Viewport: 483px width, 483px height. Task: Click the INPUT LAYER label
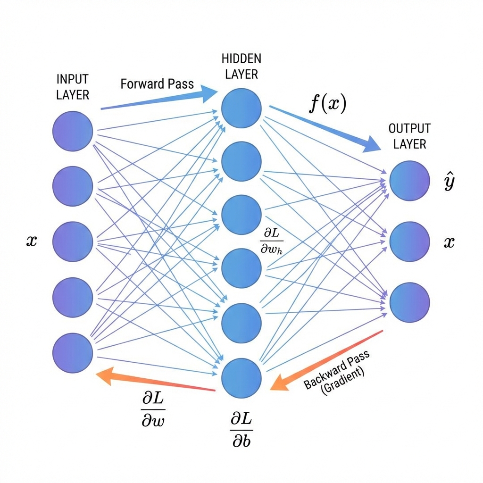73,87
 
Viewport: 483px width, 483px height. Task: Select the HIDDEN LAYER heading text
241,67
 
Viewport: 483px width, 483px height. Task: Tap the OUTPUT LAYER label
409,136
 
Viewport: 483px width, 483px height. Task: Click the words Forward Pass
157,84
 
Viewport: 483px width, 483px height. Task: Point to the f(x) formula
327,103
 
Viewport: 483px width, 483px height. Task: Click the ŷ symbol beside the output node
449,183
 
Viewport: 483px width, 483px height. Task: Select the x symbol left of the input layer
31,242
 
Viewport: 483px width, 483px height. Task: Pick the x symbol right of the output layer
449,242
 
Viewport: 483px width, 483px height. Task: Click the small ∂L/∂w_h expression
272,240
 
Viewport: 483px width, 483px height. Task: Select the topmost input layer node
72,132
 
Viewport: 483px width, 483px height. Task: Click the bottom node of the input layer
72,353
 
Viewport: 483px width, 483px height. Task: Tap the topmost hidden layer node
241,108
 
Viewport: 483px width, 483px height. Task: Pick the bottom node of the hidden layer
241,377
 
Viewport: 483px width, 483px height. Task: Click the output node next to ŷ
409,180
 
